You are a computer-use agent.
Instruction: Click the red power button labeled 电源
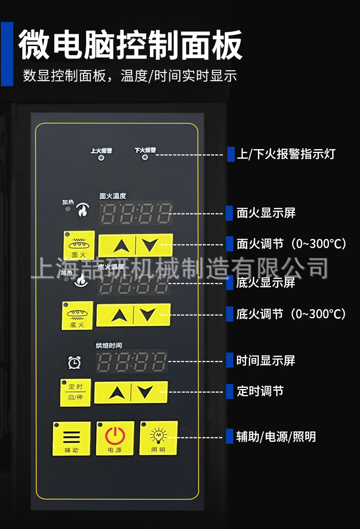click(115, 438)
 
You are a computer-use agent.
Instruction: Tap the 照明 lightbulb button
click(158, 438)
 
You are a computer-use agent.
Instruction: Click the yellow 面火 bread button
click(79, 245)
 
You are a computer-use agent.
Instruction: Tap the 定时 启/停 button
click(75, 392)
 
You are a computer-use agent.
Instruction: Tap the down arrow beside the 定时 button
click(149, 392)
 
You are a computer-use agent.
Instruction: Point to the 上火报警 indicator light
click(101, 158)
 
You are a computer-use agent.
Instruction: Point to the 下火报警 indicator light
click(145, 158)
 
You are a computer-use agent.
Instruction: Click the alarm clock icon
click(74, 363)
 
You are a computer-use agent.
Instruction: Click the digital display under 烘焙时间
click(132, 362)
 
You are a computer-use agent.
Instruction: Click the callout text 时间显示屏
click(266, 361)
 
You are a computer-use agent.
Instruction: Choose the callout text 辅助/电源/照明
click(276, 437)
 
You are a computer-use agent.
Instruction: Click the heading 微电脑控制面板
click(130, 45)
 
